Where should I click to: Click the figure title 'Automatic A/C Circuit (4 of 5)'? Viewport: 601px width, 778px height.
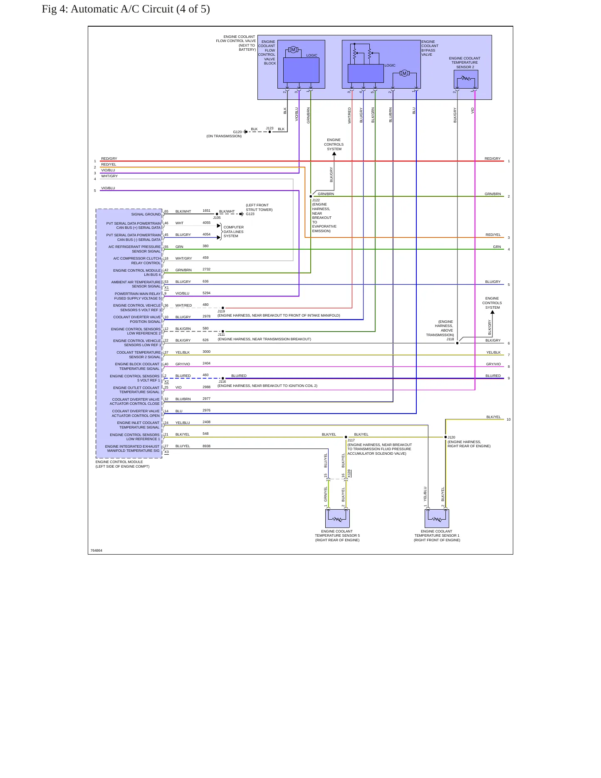tap(140, 9)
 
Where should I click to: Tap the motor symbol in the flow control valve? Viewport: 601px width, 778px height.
tap(293, 50)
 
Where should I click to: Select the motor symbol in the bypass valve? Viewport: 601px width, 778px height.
tap(404, 74)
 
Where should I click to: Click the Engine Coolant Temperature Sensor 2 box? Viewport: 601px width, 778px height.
tap(466, 79)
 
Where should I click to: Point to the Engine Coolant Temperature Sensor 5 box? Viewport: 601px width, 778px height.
tap(337, 518)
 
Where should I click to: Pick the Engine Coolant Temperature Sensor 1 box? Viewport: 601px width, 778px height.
tap(437, 518)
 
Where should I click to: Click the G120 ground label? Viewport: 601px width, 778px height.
tap(237, 132)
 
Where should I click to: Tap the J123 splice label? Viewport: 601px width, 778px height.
tap(270, 128)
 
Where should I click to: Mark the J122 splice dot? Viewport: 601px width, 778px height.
tap(311, 196)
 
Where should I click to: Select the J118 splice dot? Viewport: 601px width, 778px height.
tap(458, 343)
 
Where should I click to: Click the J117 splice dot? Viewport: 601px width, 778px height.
tap(346, 437)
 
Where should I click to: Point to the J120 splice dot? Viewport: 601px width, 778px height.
tap(445, 437)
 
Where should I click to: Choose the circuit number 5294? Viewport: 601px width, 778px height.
tap(206, 293)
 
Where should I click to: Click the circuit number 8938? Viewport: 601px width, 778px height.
tap(206, 446)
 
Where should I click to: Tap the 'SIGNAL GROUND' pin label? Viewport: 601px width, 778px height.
tap(146, 214)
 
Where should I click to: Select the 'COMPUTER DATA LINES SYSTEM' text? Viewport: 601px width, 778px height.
tap(233, 232)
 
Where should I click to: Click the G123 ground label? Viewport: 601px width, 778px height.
tap(250, 214)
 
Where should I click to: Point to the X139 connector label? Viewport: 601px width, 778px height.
tap(349, 473)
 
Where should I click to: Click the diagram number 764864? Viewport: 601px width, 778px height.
tap(96, 550)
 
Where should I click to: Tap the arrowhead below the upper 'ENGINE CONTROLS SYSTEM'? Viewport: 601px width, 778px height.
tap(334, 154)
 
